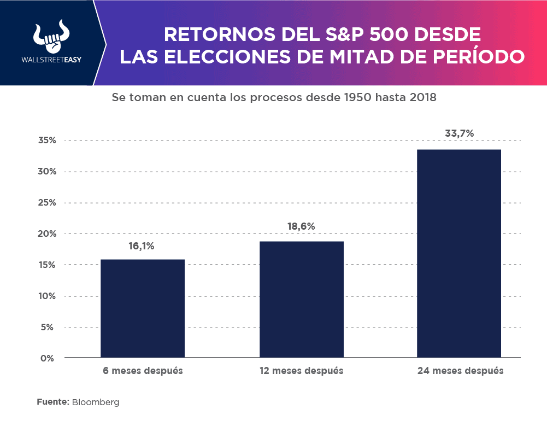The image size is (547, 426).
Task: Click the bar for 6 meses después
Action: [x=143, y=308]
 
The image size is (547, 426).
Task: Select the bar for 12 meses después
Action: [x=302, y=299]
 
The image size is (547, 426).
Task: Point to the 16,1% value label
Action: [x=142, y=246]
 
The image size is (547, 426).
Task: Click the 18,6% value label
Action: [x=301, y=227]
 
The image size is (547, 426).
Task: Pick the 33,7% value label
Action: [x=459, y=133]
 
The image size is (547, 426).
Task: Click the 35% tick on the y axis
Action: [x=47, y=141]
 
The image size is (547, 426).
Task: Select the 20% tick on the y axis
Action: [x=47, y=234]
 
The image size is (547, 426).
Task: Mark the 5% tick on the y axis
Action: [x=50, y=328]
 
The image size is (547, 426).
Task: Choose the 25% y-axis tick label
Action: [x=47, y=203]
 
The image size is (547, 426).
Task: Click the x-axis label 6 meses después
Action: [x=143, y=371]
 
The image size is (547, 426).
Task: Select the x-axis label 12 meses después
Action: [x=302, y=371]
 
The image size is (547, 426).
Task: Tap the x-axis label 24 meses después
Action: [x=460, y=371]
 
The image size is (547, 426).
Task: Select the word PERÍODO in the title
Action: [x=478, y=56]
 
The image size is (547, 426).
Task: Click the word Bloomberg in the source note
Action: [x=96, y=402]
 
